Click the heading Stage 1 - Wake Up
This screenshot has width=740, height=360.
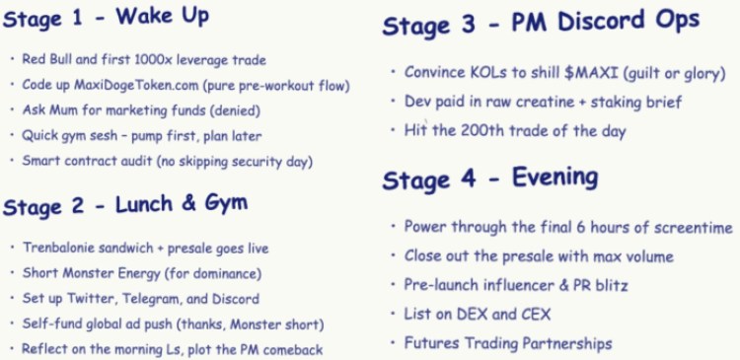click(x=106, y=18)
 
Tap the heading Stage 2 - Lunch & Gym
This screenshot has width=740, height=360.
click(x=124, y=205)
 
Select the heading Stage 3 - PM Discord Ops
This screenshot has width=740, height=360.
click(x=541, y=25)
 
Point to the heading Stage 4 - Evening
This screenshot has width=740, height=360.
click(x=489, y=179)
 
